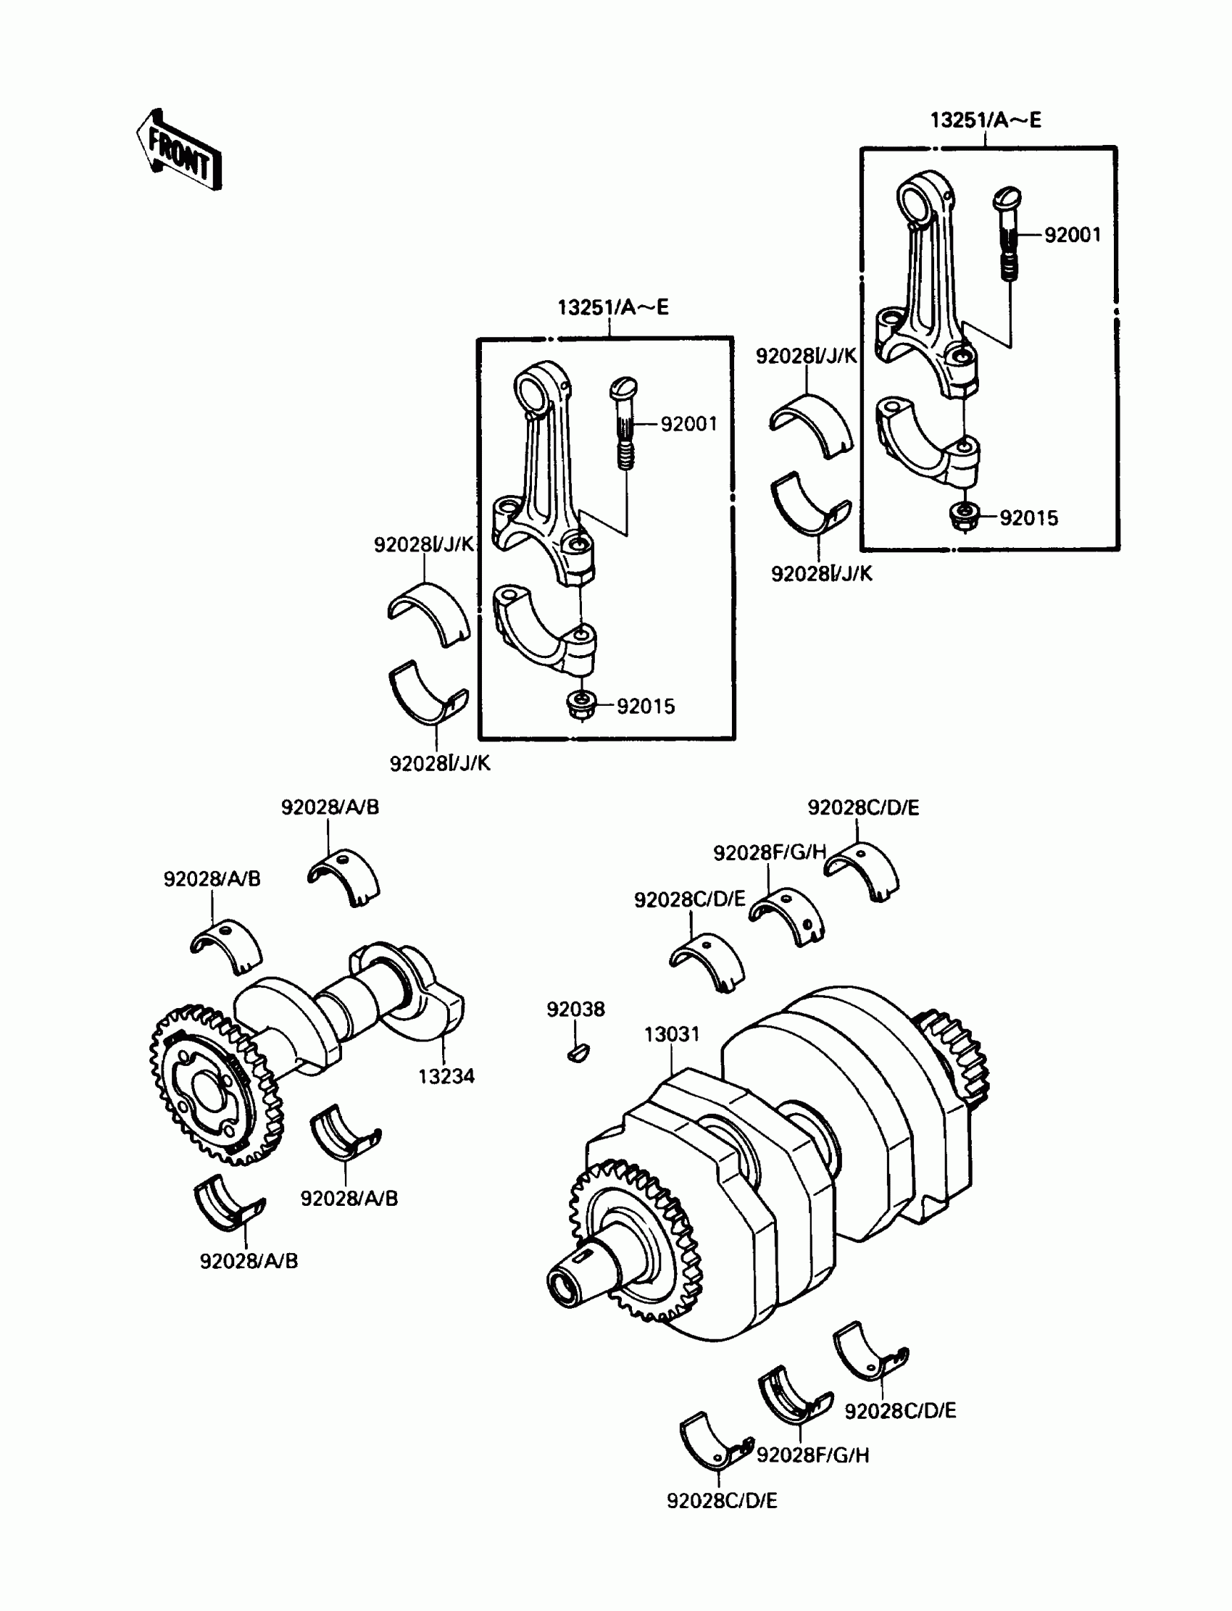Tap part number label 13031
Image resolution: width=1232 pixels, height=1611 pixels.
coord(672,1034)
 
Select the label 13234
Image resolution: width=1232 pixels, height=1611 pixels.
coord(446,1076)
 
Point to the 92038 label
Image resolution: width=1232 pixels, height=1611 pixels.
coord(575,1009)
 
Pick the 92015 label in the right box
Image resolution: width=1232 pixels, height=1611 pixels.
coord(1029,517)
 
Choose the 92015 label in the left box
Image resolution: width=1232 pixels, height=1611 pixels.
coord(645,706)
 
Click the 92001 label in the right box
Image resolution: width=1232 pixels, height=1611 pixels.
coord(1073,235)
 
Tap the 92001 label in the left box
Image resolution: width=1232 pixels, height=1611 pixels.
coord(688,424)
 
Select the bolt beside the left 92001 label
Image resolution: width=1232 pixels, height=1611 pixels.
coord(624,423)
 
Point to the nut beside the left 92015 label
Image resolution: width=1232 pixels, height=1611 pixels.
coord(580,705)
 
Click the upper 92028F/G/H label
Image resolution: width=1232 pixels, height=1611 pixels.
coord(769,852)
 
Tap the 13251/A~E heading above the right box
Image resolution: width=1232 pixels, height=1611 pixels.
coord(986,120)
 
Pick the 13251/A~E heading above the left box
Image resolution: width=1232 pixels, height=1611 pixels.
coord(613,307)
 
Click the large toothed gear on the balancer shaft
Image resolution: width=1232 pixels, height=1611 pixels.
coord(217,1086)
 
